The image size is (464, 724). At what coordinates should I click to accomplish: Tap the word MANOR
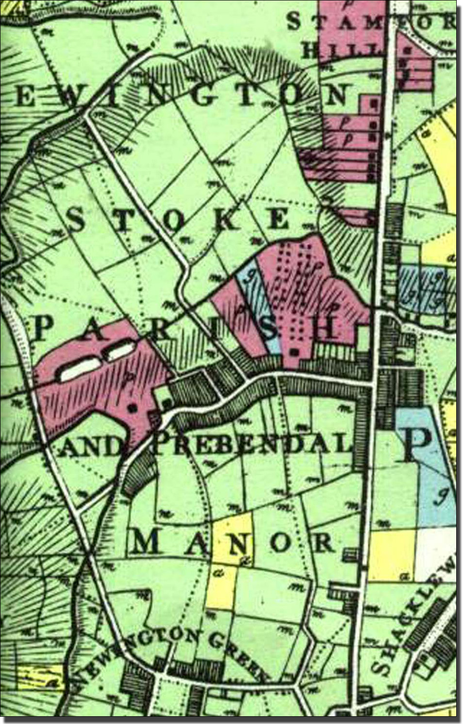coord(233,543)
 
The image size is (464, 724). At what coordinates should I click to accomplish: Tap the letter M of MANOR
coord(145,543)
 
